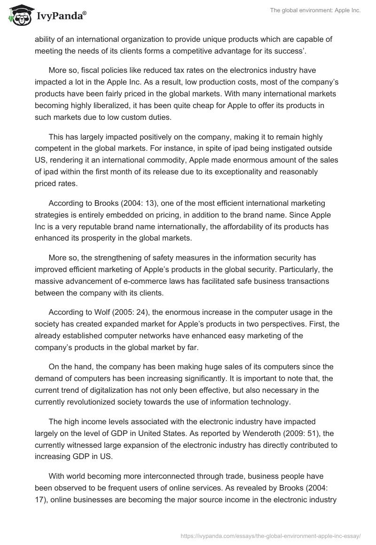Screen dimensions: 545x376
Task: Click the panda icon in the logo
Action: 18,16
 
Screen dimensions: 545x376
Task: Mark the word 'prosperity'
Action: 100,238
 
